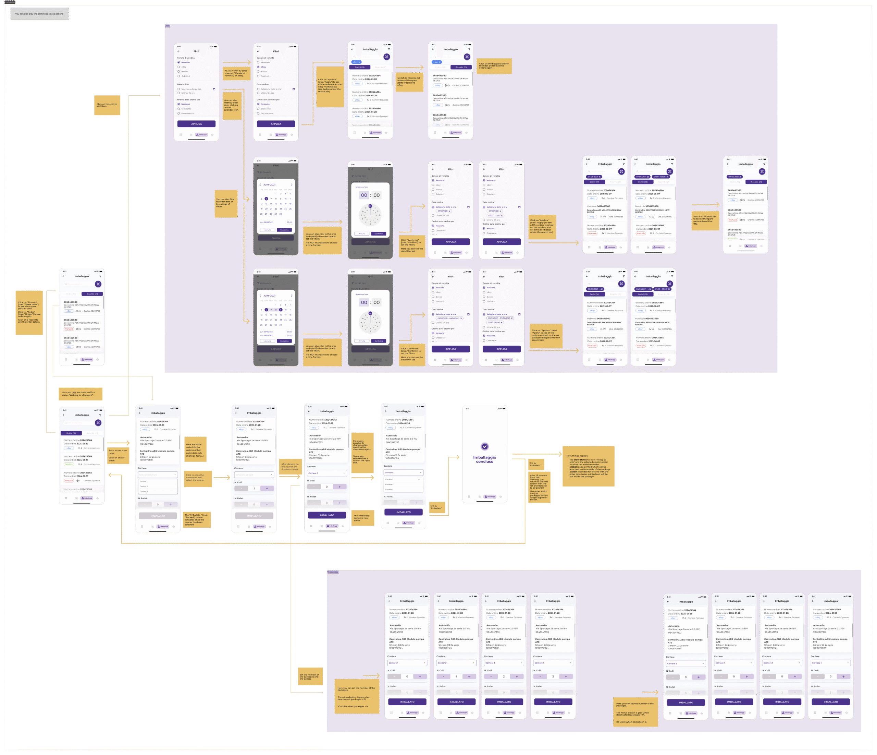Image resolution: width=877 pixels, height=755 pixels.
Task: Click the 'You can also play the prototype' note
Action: (39, 14)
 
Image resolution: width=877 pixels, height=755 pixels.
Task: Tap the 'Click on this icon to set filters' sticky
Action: (107, 106)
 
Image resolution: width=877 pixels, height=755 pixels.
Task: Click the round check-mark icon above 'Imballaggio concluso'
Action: (485, 446)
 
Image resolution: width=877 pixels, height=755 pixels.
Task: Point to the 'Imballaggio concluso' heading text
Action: (485, 459)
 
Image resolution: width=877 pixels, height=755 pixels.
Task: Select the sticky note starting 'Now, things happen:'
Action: (588, 466)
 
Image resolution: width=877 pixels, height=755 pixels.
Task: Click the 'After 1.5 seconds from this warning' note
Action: (539, 487)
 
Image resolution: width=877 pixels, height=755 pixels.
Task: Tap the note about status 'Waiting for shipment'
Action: (81, 394)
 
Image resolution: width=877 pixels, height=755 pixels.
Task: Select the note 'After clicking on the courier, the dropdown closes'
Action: (290, 466)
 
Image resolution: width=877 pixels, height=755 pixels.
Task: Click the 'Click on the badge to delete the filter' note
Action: (494, 66)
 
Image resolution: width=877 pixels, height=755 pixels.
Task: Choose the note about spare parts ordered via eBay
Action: (409, 81)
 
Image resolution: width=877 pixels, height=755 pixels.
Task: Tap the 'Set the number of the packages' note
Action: (310, 676)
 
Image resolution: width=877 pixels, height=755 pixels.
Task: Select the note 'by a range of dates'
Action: (226, 203)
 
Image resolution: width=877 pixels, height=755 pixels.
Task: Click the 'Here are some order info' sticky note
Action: (195, 450)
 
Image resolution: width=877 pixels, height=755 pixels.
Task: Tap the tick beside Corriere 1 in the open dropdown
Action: (419, 479)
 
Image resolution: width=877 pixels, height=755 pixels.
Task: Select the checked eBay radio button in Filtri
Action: (258, 67)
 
